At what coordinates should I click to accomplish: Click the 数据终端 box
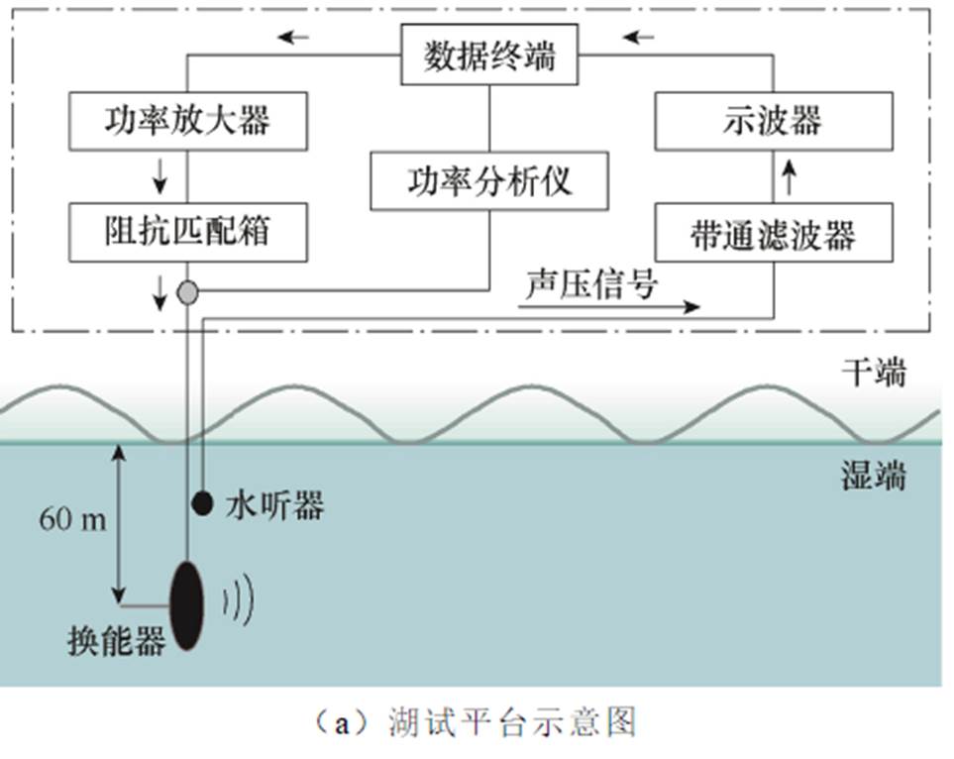point(489,56)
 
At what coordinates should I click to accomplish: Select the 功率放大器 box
point(187,122)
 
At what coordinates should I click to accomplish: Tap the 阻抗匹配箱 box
point(187,232)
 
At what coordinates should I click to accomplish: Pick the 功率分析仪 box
point(488,180)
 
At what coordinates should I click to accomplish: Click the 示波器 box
point(774,121)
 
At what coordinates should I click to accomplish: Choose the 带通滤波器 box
point(774,234)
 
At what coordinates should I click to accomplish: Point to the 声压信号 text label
point(591,283)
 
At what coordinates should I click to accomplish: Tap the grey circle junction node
point(187,292)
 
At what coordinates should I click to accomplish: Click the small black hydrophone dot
point(202,503)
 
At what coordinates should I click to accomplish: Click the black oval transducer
point(187,604)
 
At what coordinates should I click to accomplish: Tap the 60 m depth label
point(72,518)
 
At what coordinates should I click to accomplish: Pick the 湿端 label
point(873,478)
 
